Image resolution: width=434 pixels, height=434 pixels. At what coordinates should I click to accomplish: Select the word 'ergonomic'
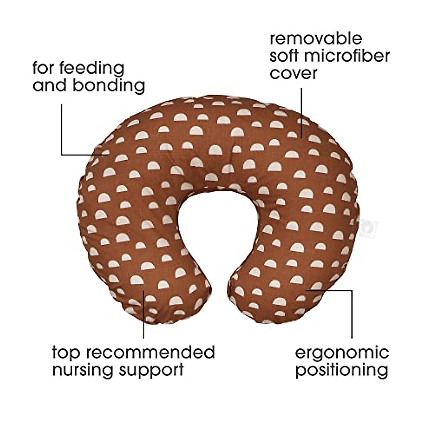point(342,352)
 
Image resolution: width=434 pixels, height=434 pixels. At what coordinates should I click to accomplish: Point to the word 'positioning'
point(342,370)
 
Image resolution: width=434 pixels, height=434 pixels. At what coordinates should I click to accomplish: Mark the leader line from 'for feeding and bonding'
point(62,130)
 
